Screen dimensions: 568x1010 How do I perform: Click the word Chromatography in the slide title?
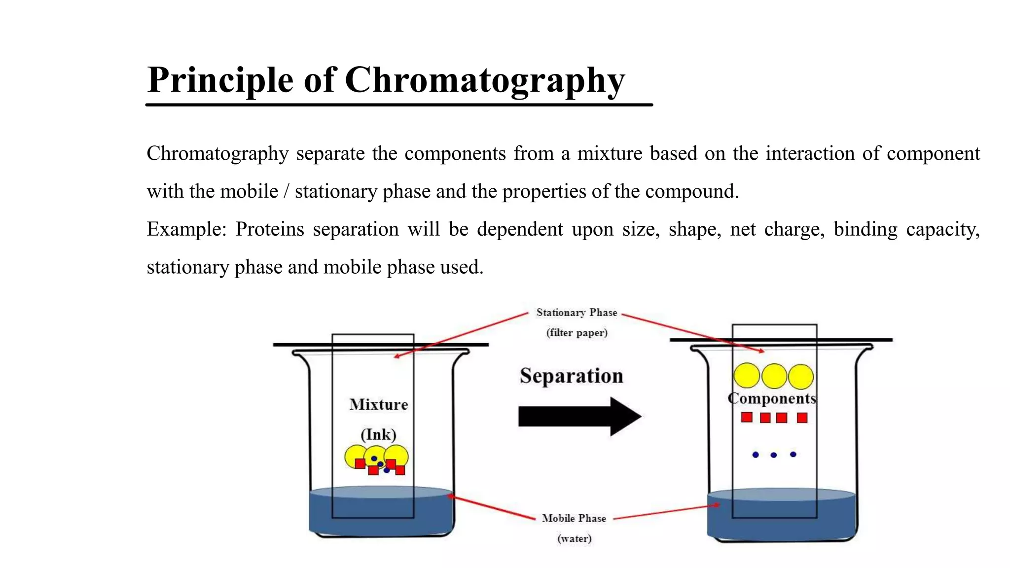tap(484, 80)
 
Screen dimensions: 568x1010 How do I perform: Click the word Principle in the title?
tap(220, 80)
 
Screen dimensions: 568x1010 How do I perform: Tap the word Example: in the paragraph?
tap(186, 229)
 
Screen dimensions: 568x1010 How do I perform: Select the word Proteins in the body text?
tap(269, 229)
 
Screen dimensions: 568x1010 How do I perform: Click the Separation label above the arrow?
tap(571, 376)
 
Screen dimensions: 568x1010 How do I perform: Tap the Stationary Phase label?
tap(577, 313)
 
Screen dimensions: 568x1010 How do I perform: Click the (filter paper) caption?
tap(577, 333)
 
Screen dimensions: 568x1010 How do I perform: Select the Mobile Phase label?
tap(574, 518)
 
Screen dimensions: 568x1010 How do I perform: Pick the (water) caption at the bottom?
tap(574, 538)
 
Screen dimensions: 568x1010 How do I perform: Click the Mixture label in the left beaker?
tap(379, 405)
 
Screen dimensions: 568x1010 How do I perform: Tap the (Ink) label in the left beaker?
tap(378, 435)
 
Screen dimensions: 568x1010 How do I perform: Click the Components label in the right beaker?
tap(772, 398)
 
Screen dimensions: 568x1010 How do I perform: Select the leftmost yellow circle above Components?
tap(747, 376)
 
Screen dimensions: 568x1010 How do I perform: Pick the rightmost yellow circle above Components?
tap(800, 377)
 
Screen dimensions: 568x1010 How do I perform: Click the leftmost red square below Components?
tap(747, 418)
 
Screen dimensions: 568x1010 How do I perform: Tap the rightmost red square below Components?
tap(802, 418)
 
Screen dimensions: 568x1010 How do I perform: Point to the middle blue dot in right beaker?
tap(773, 455)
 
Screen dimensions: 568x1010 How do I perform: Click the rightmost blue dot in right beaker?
tap(793, 455)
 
